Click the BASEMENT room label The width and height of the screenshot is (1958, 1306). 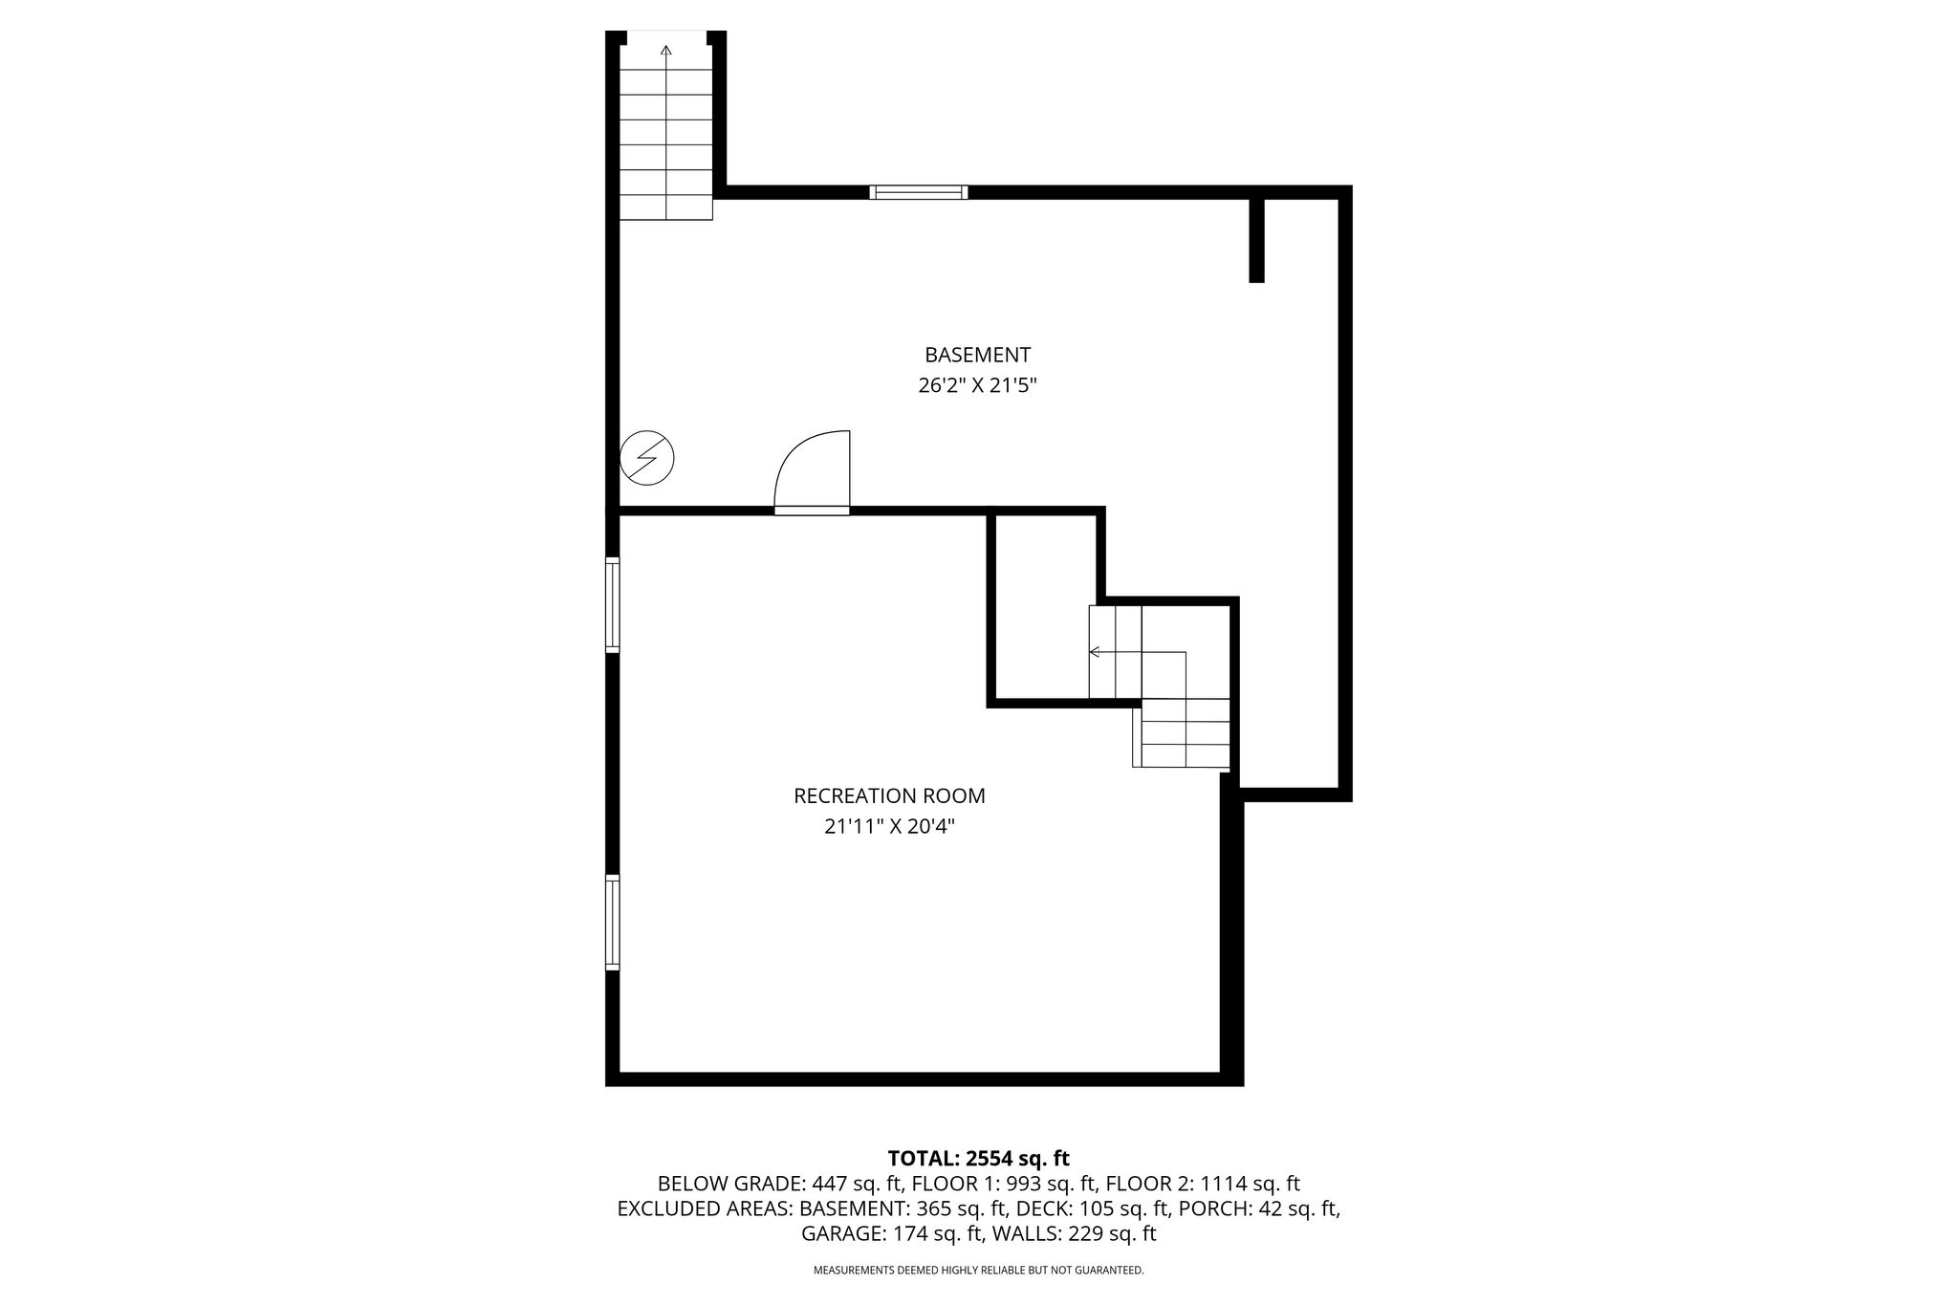tap(977, 355)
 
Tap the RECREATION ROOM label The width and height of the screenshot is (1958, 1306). tap(889, 795)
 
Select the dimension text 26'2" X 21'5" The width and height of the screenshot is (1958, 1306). tap(977, 386)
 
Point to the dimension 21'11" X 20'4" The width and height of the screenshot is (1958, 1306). tap(889, 826)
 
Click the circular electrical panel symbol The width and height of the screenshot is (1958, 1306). tap(647, 458)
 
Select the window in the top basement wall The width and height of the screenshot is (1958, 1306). tap(918, 192)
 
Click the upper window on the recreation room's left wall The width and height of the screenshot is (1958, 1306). tap(612, 605)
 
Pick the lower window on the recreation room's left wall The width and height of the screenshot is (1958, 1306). tap(612, 923)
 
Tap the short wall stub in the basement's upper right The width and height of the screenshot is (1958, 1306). tap(1257, 240)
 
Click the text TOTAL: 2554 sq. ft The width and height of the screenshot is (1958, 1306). tap(978, 1159)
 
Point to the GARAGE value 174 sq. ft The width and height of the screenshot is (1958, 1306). tap(939, 1233)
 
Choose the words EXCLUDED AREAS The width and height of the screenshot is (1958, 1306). tap(704, 1208)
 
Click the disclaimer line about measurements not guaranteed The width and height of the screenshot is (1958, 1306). tap(978, 1271)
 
